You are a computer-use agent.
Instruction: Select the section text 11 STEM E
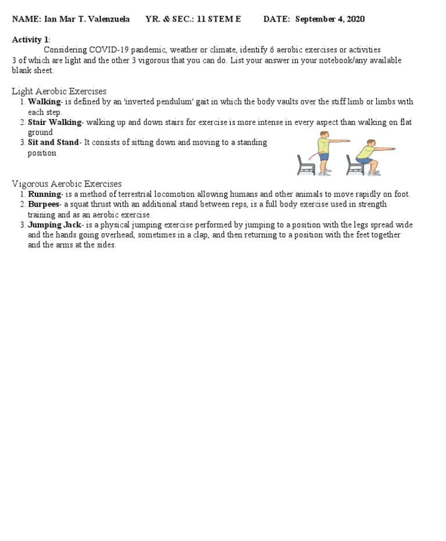click(219, 19)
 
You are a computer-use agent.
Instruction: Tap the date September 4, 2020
click(330, 19)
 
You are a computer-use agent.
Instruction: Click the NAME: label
click(26, 19)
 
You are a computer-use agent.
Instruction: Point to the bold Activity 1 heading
click(30, 39)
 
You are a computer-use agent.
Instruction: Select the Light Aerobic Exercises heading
click(59, 91)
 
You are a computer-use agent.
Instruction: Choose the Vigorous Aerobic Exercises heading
click(67, 184)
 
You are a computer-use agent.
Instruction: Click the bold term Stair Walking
click(55, 122)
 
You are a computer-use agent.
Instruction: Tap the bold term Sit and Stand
click(53, 142)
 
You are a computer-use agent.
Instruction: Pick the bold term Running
click(44, 194)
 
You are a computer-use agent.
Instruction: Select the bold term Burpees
click(44, 204)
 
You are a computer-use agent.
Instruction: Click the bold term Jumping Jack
click(55, 225)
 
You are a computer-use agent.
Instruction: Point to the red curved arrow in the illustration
click(312, 155)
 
